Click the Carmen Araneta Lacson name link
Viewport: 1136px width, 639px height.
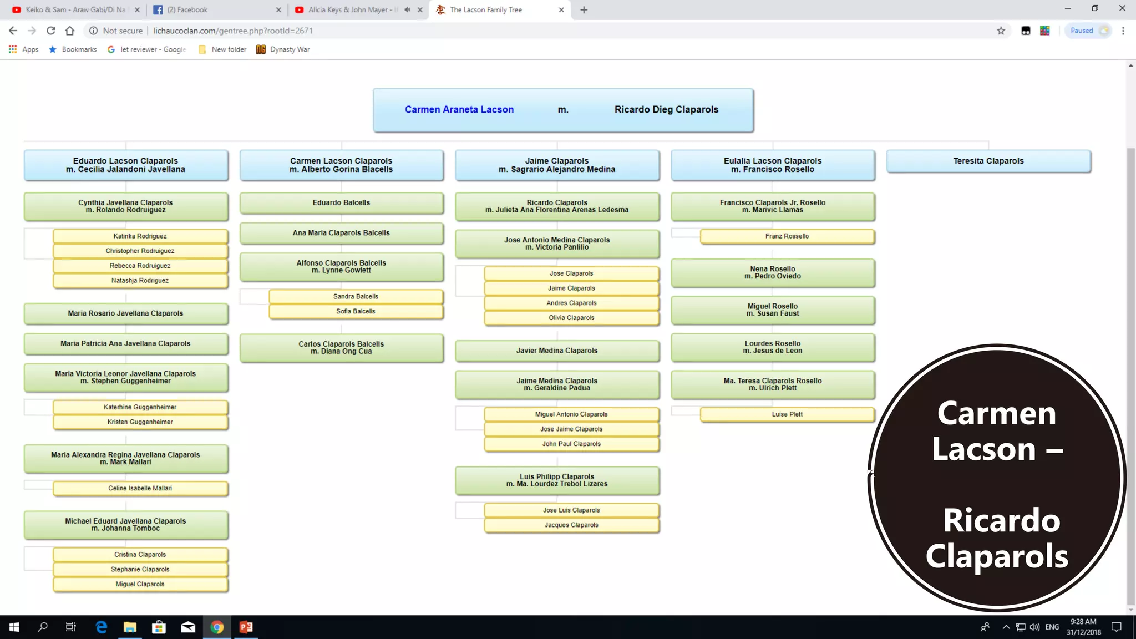point(459,110)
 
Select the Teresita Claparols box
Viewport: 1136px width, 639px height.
point(988,161)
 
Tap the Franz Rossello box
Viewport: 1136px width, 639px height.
point(787,236)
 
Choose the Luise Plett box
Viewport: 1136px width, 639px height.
point(787,414)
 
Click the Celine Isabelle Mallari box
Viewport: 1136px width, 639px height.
point(140,489)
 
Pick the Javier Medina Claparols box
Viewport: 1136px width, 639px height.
point(557,351)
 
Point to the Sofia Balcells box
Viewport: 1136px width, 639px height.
point(356,312)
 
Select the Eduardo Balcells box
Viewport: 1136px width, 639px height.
point(341,203)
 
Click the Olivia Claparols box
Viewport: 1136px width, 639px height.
point(571,318)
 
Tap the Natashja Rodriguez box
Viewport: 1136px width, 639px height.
point(140,281)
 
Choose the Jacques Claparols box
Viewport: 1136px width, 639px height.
point(571,525)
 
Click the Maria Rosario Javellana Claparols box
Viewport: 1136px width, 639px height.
point(125,313)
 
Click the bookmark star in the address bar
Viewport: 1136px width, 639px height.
point(1001,31)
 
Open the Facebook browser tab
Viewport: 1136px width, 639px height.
point(217,10)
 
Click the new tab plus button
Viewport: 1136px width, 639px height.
point(584,10)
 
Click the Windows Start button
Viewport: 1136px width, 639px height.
point(14,627)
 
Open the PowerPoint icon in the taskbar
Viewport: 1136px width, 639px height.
point(246,627)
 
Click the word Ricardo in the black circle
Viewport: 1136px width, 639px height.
point(1002,521)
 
